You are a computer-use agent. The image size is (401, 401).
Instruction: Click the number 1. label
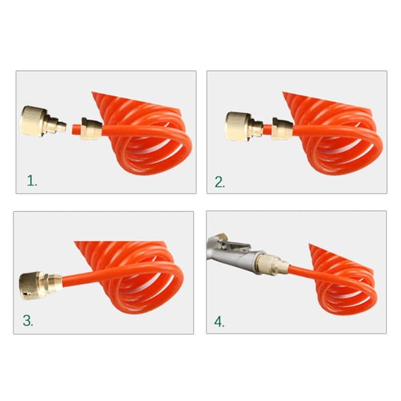32,180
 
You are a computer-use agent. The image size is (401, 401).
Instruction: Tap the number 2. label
220,182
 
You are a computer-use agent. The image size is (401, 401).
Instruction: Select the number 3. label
28,320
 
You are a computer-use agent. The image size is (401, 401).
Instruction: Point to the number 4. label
219,321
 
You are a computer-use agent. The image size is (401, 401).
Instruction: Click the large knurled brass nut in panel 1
33,121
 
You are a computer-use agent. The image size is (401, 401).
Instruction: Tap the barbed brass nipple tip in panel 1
61,126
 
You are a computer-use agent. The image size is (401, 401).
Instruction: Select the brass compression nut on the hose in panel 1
92,129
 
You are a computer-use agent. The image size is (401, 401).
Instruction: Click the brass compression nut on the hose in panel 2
283,129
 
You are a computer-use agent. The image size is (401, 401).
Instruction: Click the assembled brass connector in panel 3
40,285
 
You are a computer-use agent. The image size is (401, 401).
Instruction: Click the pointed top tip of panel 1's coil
93,93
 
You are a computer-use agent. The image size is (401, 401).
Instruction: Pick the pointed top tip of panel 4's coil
310,245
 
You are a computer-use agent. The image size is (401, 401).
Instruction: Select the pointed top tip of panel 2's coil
283,93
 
